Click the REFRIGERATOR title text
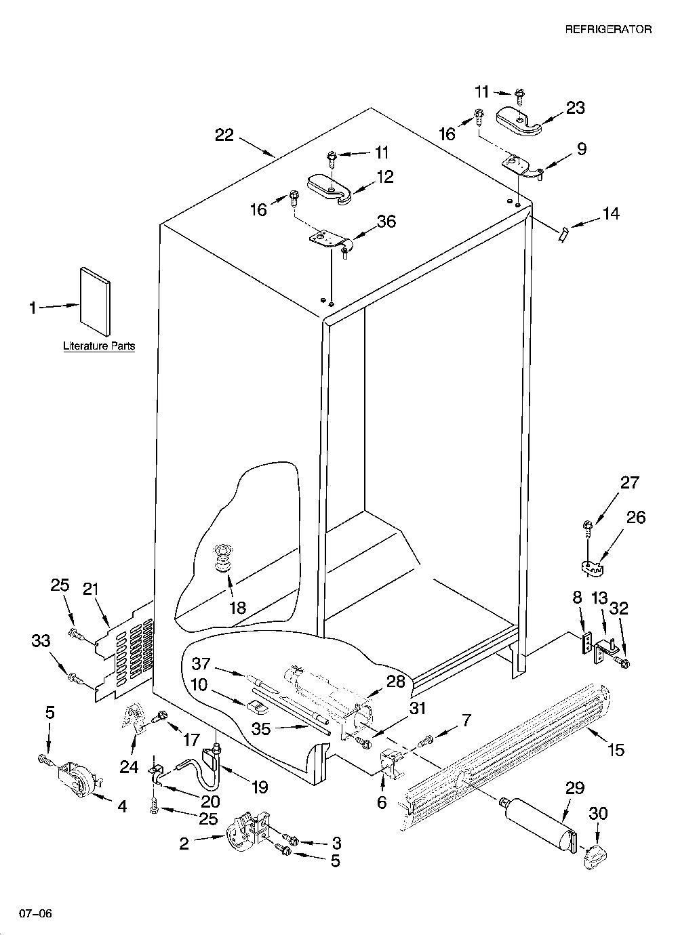[x=607, y=29]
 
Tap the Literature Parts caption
[x=99, y=346]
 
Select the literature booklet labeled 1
[x=96, y=302]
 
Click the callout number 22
[x=224, y=135]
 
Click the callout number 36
[x=386, y=221]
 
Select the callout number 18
[x=238, y=607]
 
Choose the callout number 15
[x=616, y=749]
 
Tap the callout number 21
[x=90, y=589]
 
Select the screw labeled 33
[x=78, y=678]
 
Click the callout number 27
[x=629, y=483]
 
